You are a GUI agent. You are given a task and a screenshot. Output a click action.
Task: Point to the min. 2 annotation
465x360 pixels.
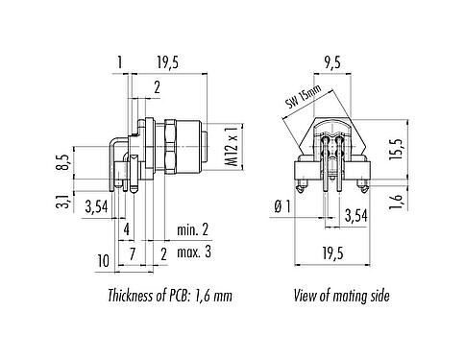[x=193, y=230]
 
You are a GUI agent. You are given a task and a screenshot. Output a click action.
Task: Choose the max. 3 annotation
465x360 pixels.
[x=193, y=252]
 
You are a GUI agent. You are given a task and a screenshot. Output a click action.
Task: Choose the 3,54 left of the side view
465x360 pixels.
[x=96, y=205]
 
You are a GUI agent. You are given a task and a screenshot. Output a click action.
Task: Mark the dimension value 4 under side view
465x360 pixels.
[x=126, y=230]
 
